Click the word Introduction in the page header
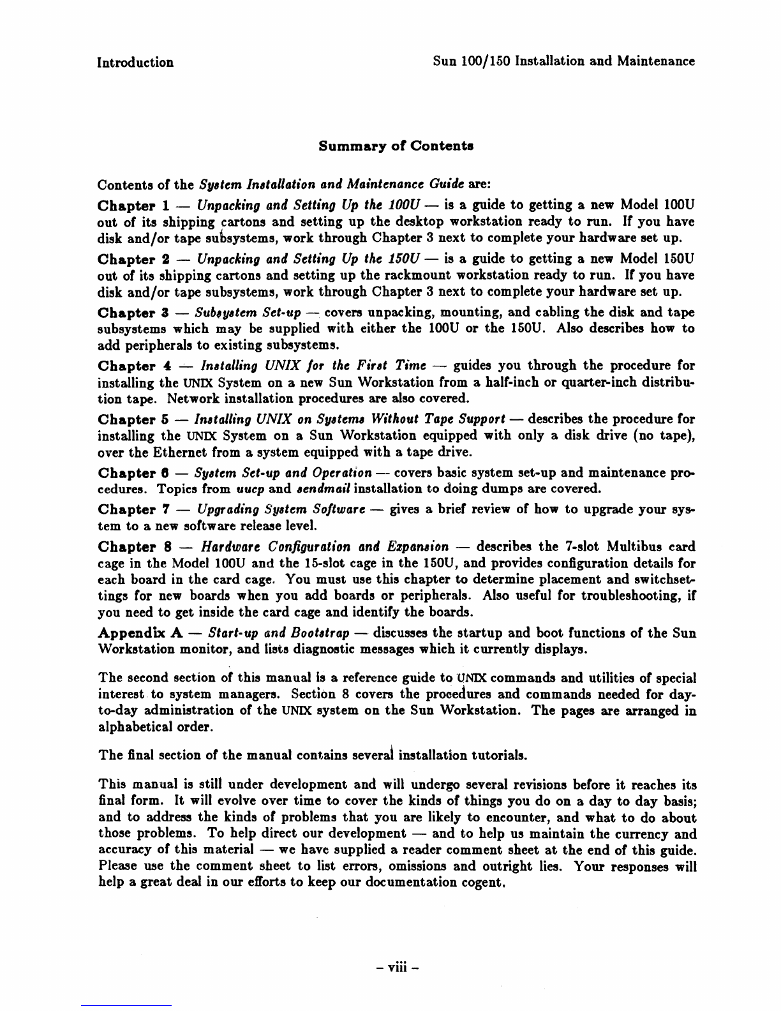(135, 62)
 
